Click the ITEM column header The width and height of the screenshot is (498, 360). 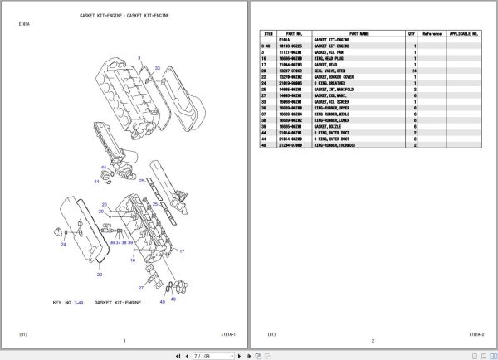(266, 34)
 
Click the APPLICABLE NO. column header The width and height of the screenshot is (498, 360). (464, 34)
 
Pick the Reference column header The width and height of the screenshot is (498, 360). (432, 34)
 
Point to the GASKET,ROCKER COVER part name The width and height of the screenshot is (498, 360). (335, 78)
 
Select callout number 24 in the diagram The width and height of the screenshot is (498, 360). (63, 245)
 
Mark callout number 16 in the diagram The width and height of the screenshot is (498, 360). (131, 260)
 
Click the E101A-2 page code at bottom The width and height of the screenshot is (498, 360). (476, 334)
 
